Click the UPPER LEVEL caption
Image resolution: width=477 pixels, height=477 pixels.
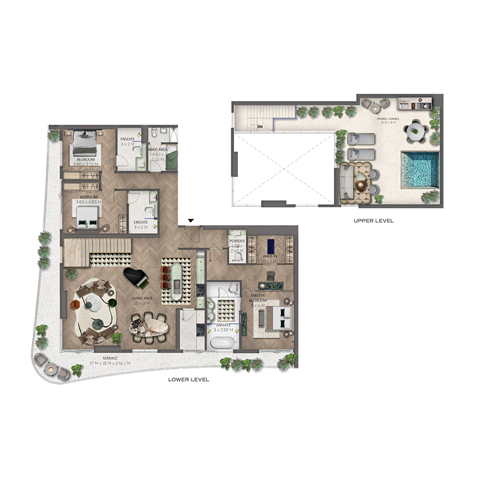point(374,221)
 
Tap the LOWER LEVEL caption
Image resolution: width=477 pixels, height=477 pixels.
point(189,380)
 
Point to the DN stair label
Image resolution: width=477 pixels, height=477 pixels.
point(260,126)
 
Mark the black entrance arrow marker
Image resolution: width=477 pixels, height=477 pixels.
point(190,222)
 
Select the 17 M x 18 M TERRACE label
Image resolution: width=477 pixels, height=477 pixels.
point(86,361)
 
